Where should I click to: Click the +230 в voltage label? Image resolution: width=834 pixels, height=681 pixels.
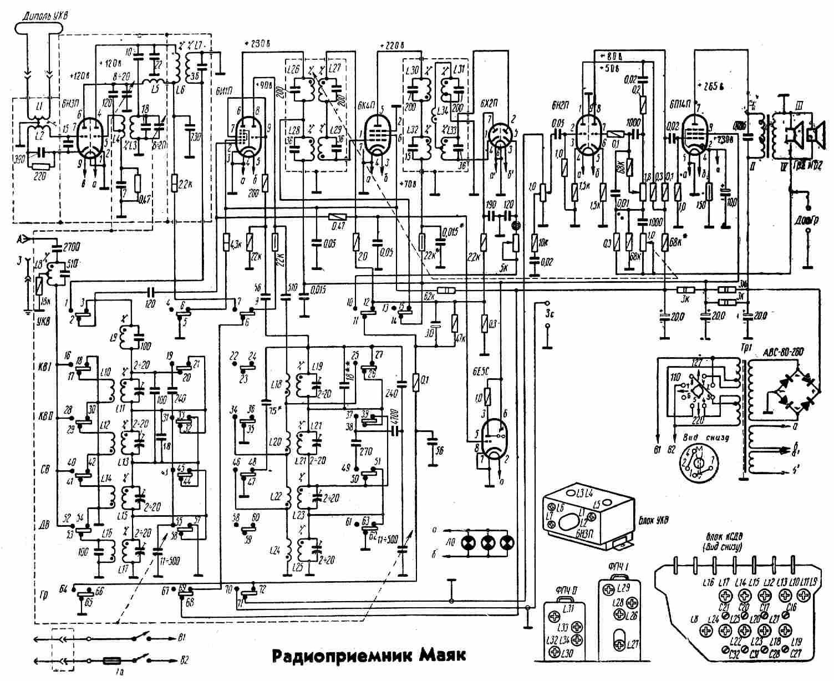click(x=257, y=43)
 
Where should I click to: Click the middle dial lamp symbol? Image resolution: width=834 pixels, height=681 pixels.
click(x=487, y=542)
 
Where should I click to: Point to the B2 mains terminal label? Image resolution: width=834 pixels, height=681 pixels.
click(x=184, y=660)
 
